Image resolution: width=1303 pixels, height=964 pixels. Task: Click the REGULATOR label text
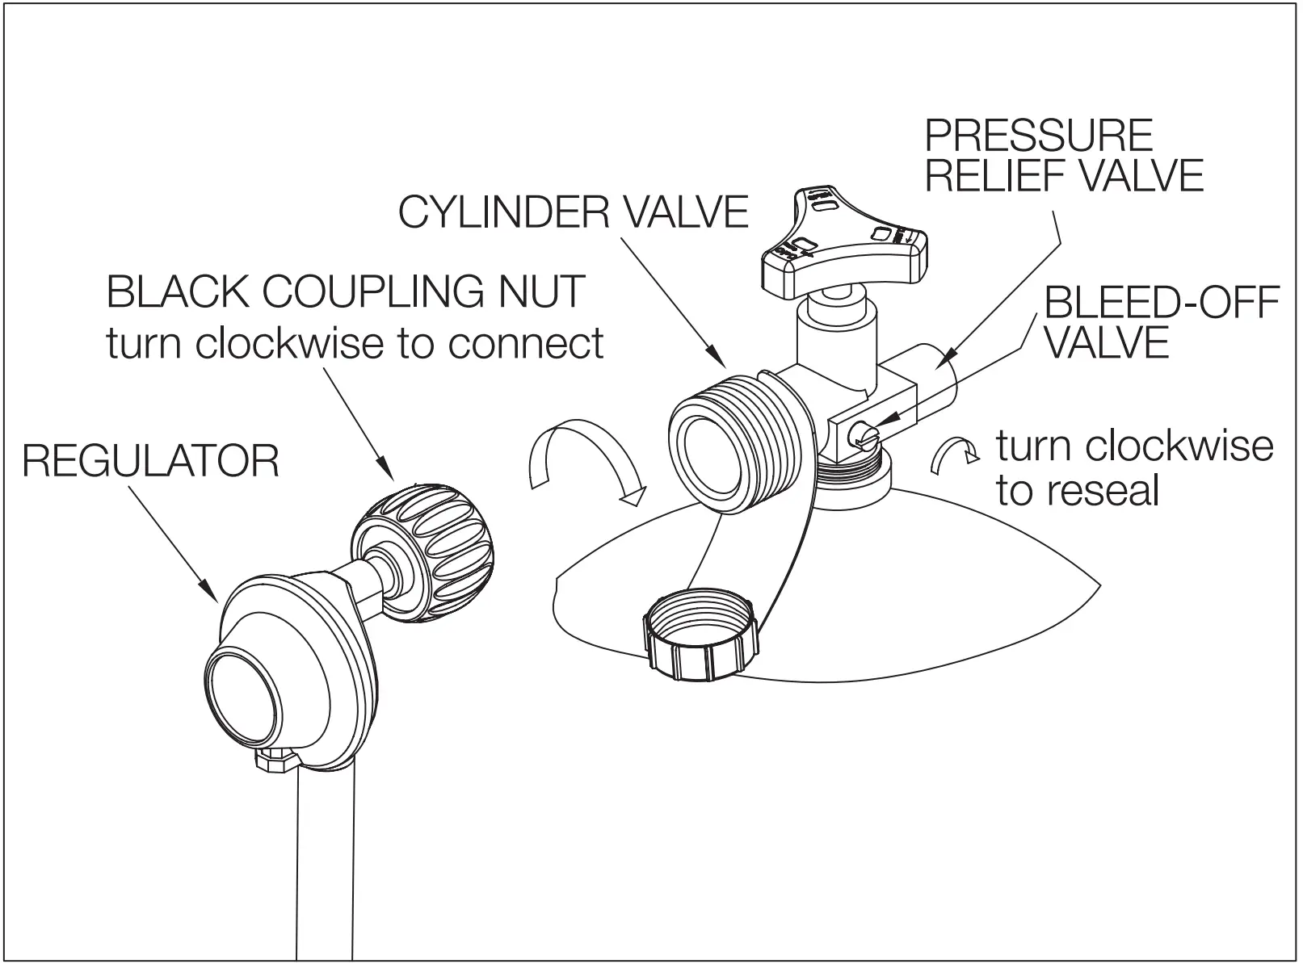[x=150, y=461]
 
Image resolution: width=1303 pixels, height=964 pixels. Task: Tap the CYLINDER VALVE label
[x=574, y=212]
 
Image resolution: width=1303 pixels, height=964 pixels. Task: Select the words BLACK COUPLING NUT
[x=346, y=291]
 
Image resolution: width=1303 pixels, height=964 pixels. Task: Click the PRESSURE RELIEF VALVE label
[x=1063, y=155]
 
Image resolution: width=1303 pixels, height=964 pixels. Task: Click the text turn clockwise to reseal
[x=1133, y=467]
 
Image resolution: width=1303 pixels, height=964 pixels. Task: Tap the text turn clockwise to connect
[x=355, y=342]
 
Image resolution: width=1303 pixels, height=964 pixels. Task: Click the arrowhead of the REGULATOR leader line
[x=216, y=597]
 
